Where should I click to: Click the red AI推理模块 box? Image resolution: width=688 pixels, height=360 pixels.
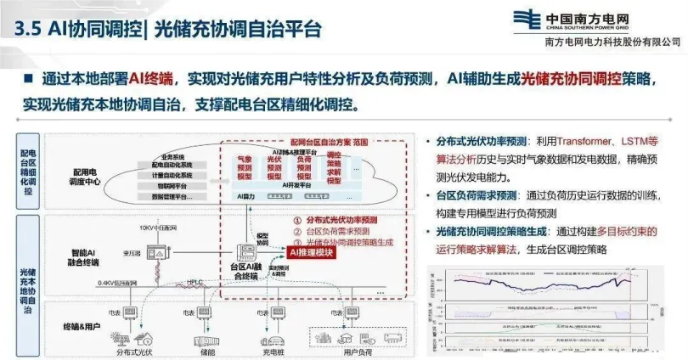(x=313, y=252)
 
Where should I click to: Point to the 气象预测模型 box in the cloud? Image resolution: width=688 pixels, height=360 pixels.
(x=245, y=168)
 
